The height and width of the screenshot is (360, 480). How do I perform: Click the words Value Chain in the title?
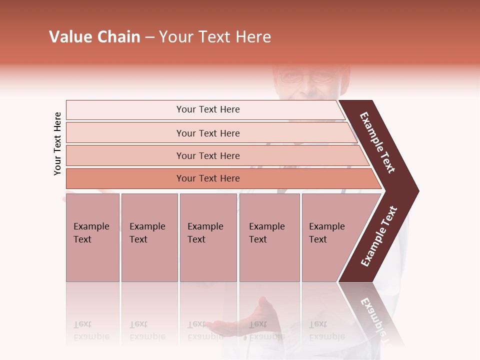(x=94, y=37)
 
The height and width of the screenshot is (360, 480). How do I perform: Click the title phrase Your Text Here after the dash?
(x=215, y=37)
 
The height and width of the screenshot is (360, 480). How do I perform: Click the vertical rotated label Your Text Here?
(x=57, y=143)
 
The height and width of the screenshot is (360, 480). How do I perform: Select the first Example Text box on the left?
(x=92, y=237)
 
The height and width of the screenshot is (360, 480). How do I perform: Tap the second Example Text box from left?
(x=149, y=237)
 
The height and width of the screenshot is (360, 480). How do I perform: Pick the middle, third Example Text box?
(x=208, y=237)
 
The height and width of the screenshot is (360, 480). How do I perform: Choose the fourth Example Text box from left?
(x=269, y=237)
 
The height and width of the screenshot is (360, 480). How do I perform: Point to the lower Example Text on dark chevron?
(x=379, y=236)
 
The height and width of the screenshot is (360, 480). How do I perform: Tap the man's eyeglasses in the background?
(x=305, y=77)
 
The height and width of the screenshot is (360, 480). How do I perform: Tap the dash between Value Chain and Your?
(x=149, y=37)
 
